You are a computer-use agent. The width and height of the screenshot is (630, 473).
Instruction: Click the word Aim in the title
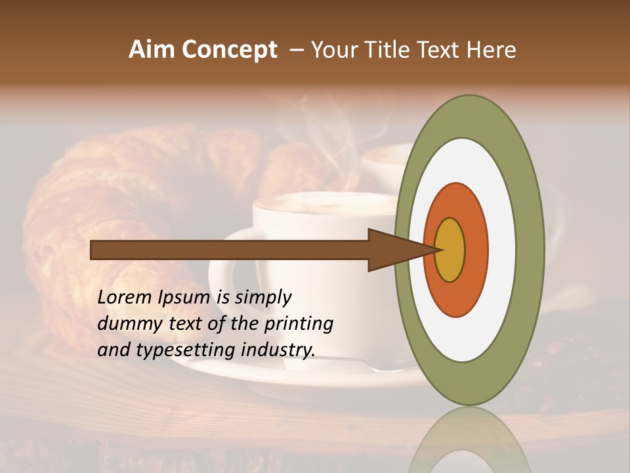pyautogui.click(x=152, y=50)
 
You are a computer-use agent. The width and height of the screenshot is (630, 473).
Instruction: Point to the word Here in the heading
pyautogui.click(x=492, y=50)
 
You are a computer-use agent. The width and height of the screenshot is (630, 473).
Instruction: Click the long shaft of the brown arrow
pyautogui.click(x=230, y=250)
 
